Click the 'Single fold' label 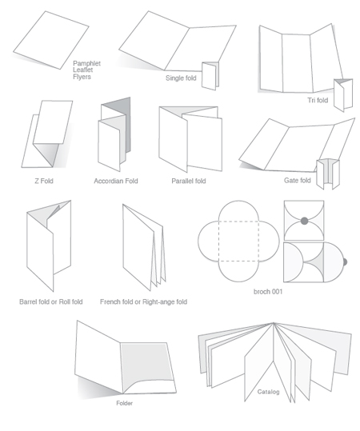point(181,78)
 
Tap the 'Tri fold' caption point(317,100)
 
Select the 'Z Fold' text point(43,181)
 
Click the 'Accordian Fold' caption point(115,181)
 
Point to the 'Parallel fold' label point(188,181)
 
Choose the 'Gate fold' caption point(297,180)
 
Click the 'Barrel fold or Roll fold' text point(50,301)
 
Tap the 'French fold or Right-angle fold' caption point(143,301)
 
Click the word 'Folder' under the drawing point(124,403)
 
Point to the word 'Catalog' point(268,392)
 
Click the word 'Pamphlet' point(86,62)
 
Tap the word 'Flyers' point(82,77)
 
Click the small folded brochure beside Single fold point(210,76)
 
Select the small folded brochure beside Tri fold point(343,94)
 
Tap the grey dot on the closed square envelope point(303,220)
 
